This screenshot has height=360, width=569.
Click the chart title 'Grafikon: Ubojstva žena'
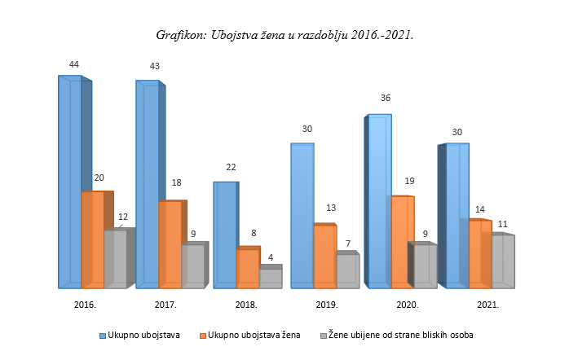point(284,35)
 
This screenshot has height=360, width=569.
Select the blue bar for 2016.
point(69,182)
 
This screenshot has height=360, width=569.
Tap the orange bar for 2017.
point(170,244)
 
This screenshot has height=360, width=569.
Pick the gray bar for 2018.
point(271,277)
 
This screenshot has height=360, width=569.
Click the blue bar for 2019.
point(302,215)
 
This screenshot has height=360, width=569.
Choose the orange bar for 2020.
point(403,241)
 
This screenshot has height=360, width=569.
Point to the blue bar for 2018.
point(225,235)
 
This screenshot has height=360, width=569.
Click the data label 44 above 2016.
point(74,64)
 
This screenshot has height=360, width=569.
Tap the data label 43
point(152,65)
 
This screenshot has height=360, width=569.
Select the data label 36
point(386,98)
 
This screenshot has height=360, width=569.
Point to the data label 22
point(231,167)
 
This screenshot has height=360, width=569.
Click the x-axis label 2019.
point(326,304)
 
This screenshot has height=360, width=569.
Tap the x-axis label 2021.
point(487,304)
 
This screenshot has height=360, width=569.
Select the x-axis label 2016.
point(85,304)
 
